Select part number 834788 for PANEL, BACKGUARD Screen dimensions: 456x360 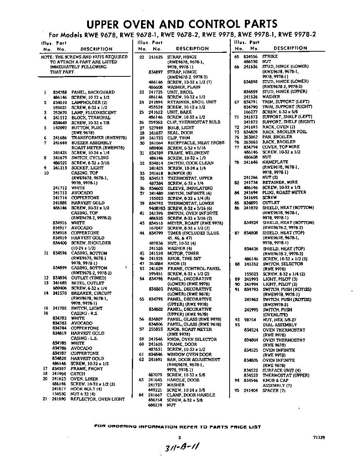point(60,92)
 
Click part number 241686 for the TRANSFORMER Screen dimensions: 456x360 point(60,138)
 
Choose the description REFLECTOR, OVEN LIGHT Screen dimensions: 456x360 point(98,399)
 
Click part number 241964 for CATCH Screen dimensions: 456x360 point(60,374)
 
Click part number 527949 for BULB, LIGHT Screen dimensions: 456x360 point(155,128)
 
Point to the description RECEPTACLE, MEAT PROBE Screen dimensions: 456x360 point(196,143)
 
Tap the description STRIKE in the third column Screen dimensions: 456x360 point(270,56)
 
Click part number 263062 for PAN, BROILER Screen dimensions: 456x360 point(251,137)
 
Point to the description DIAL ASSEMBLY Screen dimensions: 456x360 point(280,325)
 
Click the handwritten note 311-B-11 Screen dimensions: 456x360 point(182,446)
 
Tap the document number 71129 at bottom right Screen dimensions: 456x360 point(319,437)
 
